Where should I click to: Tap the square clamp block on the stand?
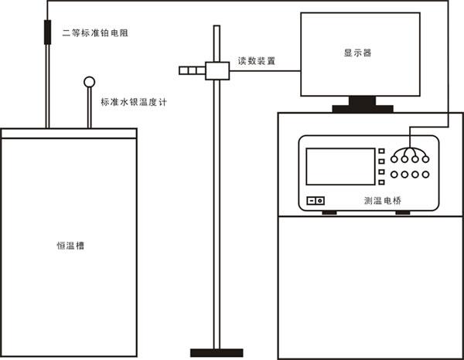(x=214, y=71)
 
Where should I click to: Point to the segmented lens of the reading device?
(x=189, y=71)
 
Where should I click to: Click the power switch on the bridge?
(x=316, y=201)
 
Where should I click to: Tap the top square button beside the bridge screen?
(x=381, y=151)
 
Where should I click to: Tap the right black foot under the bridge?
(x=403, y=211)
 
